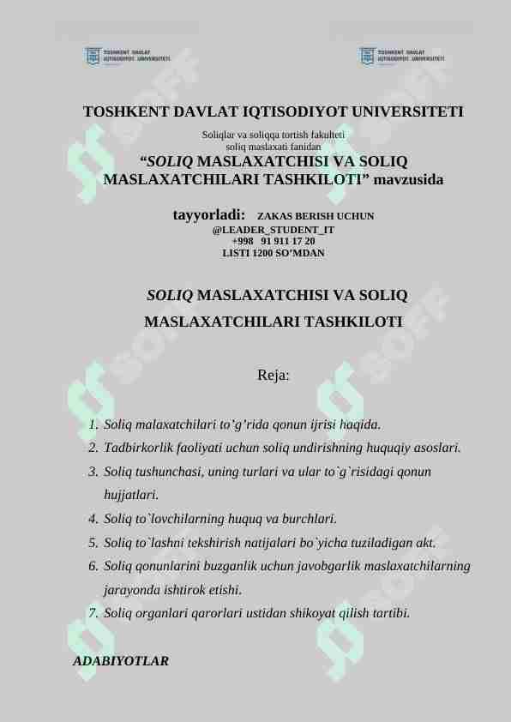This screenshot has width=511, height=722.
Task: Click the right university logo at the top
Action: point(401,57)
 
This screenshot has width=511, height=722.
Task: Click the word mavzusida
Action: point(408,180)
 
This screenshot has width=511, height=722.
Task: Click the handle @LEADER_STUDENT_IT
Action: point(273,231)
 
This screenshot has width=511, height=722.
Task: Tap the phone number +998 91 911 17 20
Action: point(273,242)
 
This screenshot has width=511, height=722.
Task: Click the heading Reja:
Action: point(273,375)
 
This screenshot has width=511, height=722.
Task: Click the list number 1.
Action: point(92,424)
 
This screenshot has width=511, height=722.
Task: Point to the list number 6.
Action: point(92,566)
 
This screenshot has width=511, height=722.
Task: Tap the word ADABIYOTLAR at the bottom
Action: point(121,661)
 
